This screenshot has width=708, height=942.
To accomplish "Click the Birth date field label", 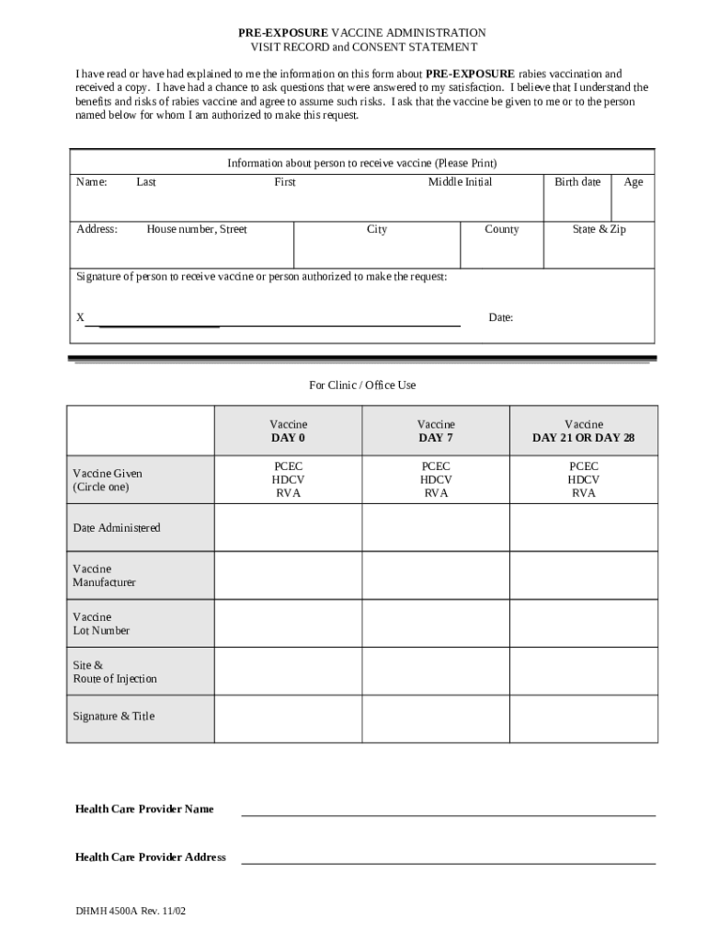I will click(577, 182).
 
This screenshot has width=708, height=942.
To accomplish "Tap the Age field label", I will click(634, 182).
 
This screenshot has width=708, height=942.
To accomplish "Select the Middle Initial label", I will click(460, 182).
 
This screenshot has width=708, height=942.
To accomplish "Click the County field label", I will click(501, 230).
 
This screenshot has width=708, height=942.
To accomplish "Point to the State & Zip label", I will click(599, 230).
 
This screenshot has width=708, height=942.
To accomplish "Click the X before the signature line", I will click(80, 317).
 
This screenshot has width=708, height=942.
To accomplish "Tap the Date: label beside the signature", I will click(500, 318).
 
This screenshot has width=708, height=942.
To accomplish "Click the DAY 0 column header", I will click(288, 438).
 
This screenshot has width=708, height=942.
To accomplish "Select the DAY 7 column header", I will click(436, 438).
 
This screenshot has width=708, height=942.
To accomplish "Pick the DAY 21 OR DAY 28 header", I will click(583, 438).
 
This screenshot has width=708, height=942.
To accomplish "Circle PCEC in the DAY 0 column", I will click(288, 466).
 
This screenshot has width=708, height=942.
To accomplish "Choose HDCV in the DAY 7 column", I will click(436, 480).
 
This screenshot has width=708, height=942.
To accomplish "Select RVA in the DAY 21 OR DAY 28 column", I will click(583, 493).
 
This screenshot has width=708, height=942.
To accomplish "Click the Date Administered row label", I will click(117, 528).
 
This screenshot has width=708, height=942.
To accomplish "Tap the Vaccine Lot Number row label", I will click(101, 624).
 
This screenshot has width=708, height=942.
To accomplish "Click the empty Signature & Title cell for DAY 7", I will click(436, 718).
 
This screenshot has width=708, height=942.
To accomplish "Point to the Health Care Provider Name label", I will click(144, 810).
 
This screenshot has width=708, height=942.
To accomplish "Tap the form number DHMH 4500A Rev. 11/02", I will click(132, 912).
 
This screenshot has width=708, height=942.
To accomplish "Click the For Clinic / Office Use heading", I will click(362, 385).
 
